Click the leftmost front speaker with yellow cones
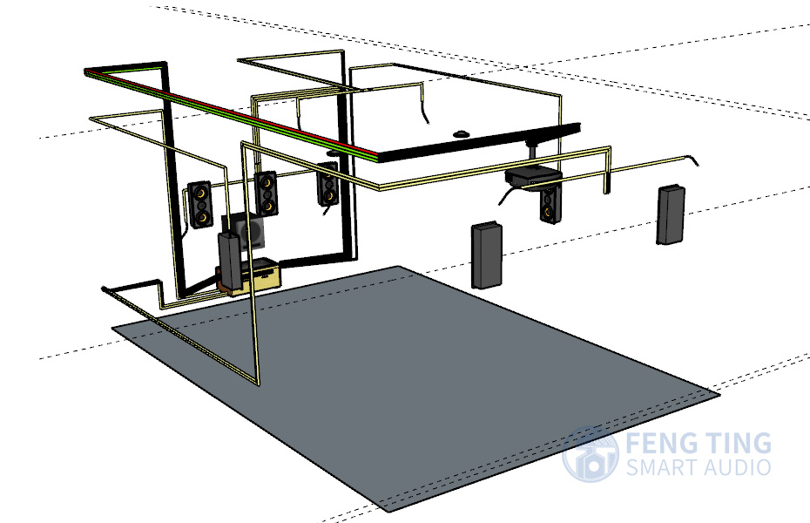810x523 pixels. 200,204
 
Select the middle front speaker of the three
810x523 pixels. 266,194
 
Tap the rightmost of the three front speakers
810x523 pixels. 327,183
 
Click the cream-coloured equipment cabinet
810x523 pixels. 257,277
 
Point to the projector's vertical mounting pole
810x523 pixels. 532,152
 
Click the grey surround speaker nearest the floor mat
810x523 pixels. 487,255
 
